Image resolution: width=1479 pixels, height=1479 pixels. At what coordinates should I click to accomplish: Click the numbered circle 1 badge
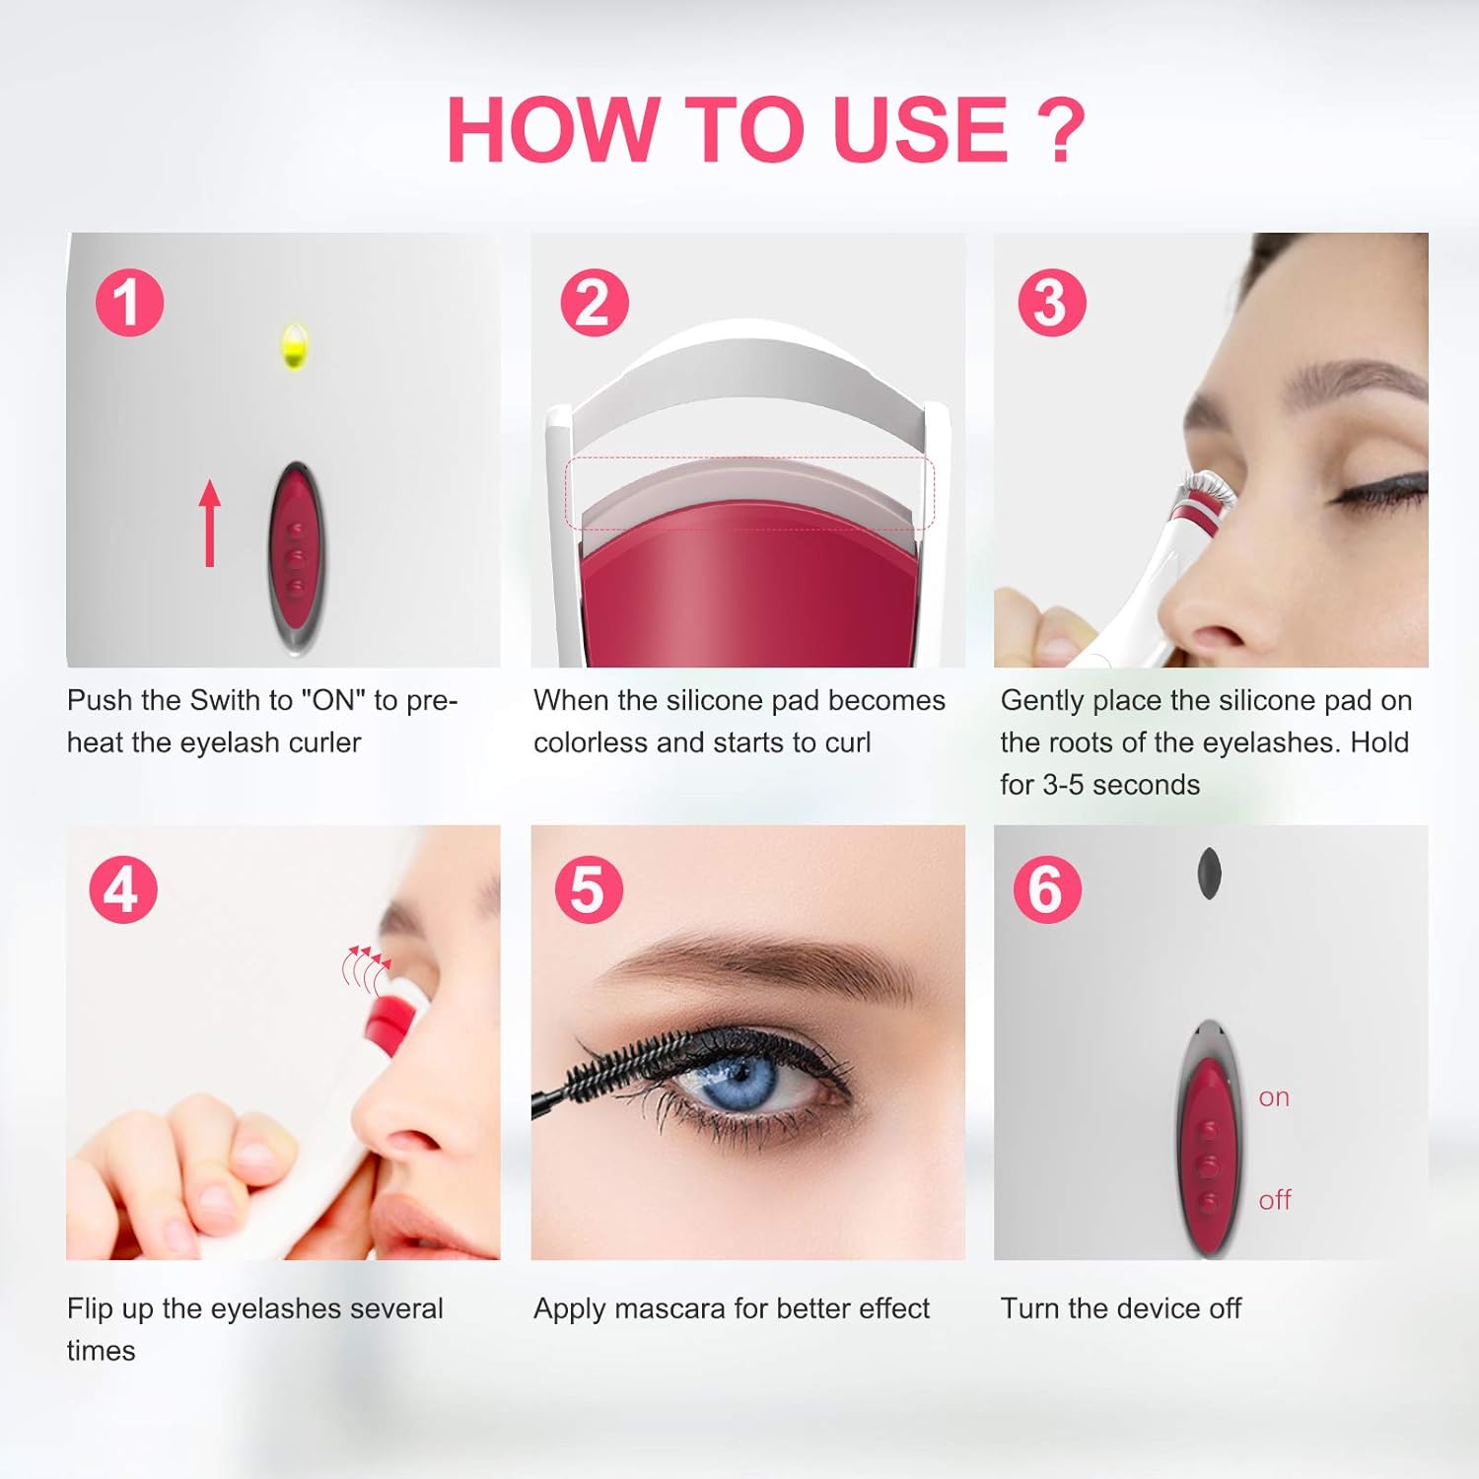129,303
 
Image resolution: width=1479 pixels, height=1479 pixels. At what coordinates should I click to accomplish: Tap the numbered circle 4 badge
123,889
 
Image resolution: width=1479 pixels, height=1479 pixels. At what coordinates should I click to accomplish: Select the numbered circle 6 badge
1047,889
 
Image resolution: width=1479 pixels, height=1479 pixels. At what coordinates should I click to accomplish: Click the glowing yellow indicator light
294,346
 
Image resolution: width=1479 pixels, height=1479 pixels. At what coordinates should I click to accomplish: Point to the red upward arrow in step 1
209,523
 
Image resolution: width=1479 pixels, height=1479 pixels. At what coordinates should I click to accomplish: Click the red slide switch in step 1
296,557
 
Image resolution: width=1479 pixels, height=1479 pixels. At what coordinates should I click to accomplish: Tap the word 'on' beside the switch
1274,1097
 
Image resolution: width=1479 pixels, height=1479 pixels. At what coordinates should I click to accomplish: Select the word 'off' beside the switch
1274,1200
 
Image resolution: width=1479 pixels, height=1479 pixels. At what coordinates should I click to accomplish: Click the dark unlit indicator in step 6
1209,874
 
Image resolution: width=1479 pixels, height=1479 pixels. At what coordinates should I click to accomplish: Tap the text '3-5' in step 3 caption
1063,785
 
